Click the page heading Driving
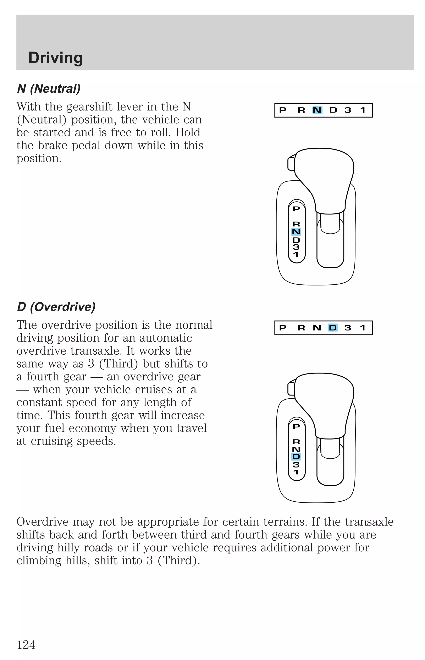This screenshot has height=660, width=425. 55,58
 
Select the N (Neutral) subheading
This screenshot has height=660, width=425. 49,89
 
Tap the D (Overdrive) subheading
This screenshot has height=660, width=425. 56,307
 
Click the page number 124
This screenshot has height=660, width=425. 26,645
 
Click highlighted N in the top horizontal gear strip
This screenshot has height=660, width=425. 317,110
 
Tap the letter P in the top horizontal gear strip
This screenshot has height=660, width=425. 283,110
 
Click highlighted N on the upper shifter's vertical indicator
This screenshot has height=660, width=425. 296,232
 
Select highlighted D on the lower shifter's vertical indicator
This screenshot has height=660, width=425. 296,457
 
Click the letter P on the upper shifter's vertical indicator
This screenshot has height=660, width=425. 296,209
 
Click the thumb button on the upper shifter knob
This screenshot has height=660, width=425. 291,163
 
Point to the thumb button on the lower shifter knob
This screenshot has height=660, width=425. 291,388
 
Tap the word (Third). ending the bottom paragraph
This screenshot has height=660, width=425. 179,560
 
